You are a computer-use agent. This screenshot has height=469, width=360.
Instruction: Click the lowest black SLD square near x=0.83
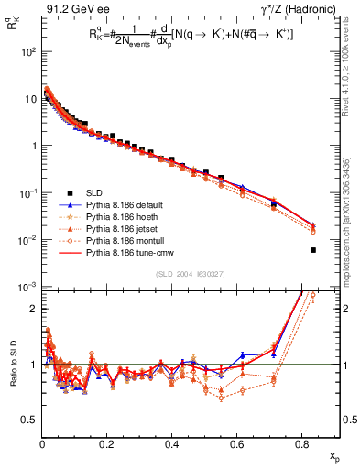point(313,250)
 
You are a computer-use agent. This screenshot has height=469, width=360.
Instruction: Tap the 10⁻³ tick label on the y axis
point(26,288)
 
